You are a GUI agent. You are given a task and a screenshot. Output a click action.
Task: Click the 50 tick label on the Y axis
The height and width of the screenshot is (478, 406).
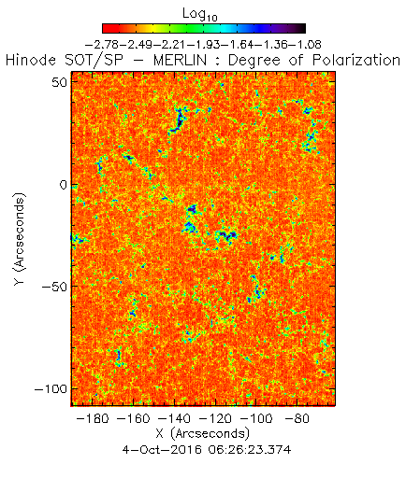[x=59, y=82]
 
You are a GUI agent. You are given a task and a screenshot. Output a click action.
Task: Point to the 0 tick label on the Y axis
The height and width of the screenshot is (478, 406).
[x=64, y=185]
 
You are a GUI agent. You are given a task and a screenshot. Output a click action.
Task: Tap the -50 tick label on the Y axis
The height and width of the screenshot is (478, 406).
[x=54, y=287]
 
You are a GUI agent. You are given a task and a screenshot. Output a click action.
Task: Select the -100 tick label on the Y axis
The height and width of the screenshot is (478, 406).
[x=51, y=389]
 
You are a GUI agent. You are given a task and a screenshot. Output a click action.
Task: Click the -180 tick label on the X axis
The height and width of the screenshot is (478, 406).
[x=93, y=418]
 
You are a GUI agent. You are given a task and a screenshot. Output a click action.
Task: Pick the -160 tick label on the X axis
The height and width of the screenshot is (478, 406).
[x=134, y=418]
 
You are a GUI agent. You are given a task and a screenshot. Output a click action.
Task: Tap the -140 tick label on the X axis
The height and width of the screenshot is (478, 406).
[x=174, y=418]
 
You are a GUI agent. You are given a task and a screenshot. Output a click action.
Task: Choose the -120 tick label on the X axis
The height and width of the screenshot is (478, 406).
[x=215, y=418]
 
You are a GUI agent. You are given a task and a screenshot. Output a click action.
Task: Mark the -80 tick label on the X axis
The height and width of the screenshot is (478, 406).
[x=297, y=418]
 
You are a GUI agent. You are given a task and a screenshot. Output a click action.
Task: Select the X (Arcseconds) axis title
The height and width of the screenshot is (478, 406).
[x=203, y=433]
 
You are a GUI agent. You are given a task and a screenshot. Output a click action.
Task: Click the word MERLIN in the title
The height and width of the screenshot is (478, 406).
[x=181, y=60]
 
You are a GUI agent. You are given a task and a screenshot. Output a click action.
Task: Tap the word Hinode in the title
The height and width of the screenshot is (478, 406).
[x=31, y=60]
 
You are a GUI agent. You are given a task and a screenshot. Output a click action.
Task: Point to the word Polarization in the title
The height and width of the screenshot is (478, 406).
[x=356, y=60]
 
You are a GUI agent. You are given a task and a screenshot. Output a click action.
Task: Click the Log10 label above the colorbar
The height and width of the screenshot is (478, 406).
[x=199, y=15]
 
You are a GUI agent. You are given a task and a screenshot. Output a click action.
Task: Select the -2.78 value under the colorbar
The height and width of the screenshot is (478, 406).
[x=102, y=45]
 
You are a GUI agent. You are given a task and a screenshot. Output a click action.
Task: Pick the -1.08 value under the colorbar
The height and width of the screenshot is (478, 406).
[x=306, y=45]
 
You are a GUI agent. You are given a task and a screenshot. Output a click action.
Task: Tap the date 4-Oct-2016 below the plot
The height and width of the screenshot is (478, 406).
[x=162, y=450]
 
